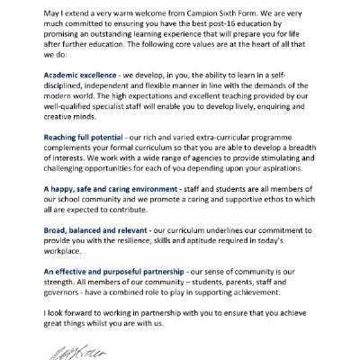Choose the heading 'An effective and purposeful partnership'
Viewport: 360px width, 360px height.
click(x=123, y=271)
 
